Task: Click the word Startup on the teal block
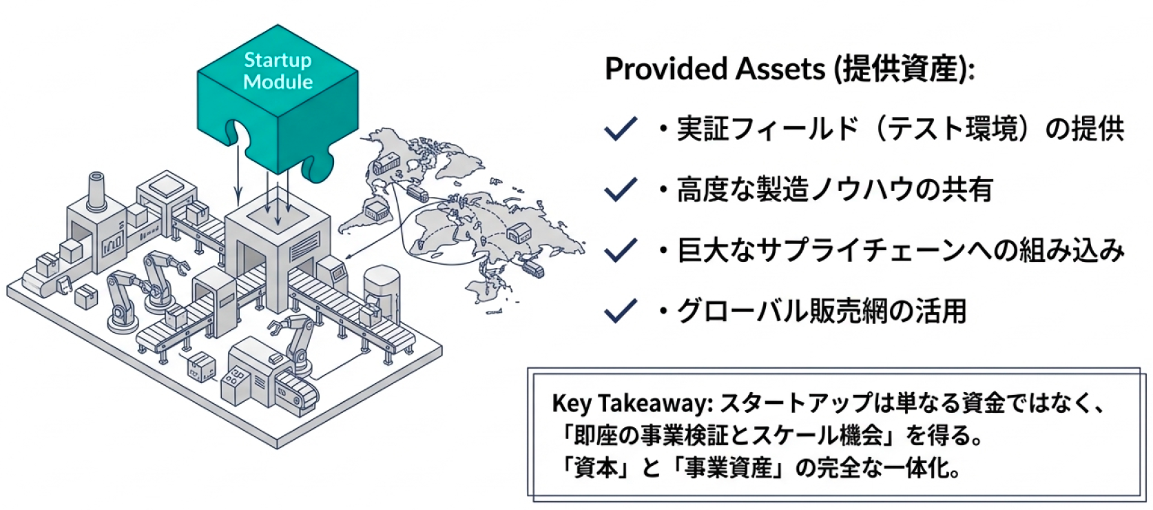[x=278, y=60]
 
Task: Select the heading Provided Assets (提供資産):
[x=789, y=69]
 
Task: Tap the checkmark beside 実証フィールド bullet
[x=620, y=129]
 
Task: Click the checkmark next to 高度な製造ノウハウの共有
[x=620, y=190]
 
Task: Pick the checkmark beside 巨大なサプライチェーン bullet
[x=620, y=250]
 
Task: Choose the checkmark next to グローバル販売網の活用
[x=620, y=311]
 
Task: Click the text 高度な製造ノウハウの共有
[x=834, y=190]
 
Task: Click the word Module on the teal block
[x=278, y=82]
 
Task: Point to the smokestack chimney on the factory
[x=96, y=190]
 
